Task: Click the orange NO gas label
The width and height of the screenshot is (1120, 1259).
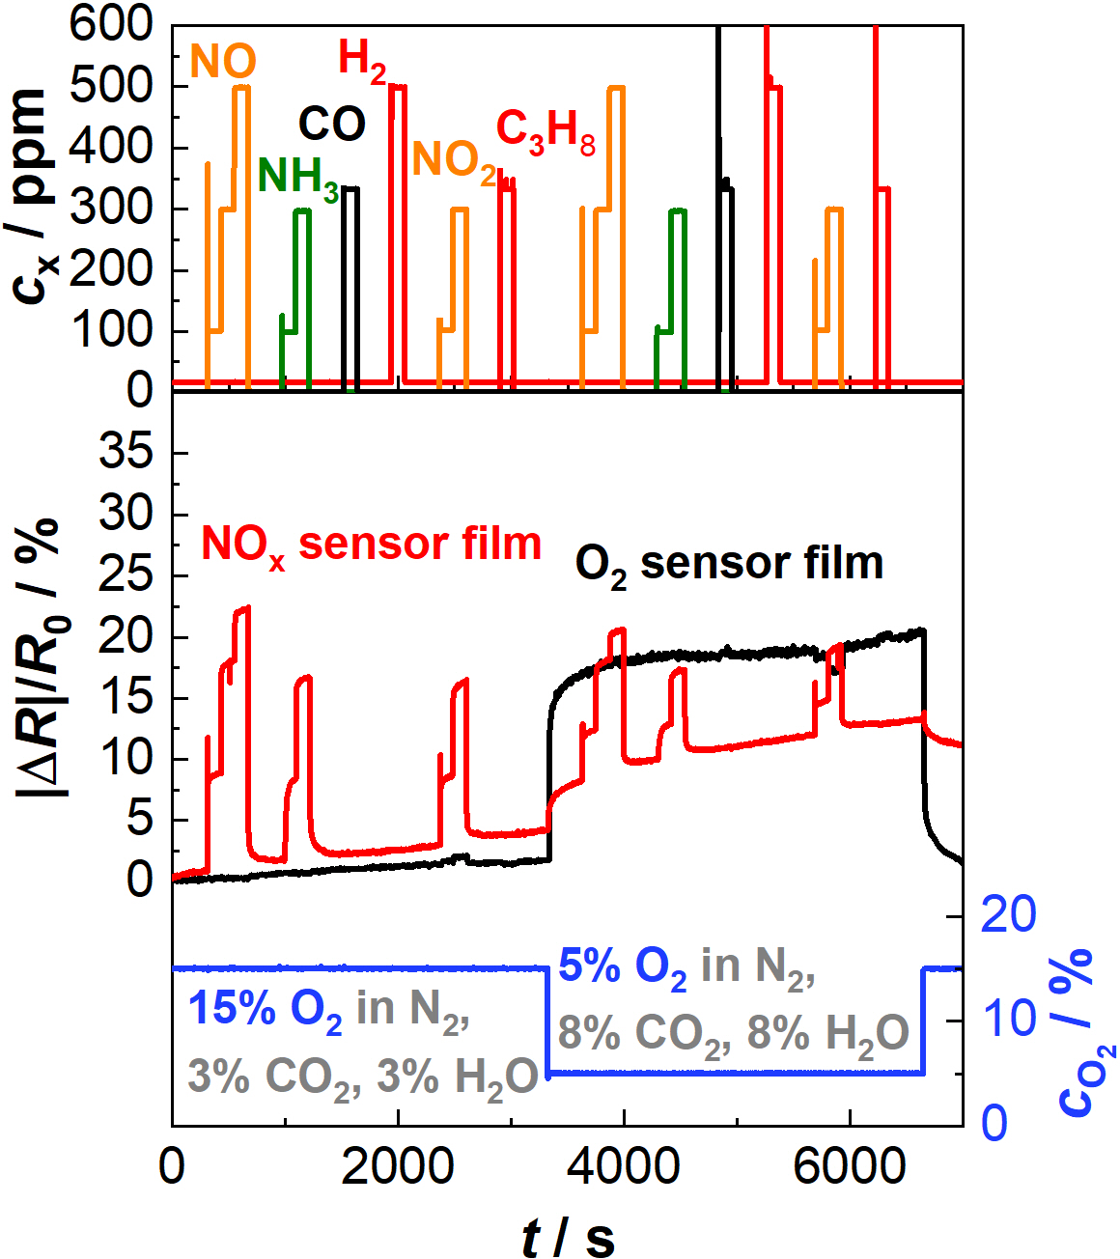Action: point(223,62)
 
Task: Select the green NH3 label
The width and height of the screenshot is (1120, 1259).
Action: point(297,178)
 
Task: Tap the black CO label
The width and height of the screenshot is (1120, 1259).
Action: point(331,124)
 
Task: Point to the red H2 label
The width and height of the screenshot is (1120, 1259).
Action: point(362,60)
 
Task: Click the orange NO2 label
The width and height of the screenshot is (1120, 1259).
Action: point(454,160)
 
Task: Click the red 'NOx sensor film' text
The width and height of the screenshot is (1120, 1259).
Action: point(371,546)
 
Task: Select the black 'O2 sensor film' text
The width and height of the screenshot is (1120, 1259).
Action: point(729,564)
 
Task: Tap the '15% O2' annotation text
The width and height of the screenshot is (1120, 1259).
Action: point(266,1010)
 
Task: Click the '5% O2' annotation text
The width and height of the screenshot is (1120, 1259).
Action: point(623,966)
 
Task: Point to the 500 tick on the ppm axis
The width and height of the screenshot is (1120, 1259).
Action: point(114,87)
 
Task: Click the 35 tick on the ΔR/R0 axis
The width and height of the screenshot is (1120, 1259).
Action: point(127,453)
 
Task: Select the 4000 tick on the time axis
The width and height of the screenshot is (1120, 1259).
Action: point(624,1167)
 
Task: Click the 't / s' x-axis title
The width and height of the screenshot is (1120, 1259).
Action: point(568,1237)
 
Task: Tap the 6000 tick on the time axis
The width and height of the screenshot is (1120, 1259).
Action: point(850,1167)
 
